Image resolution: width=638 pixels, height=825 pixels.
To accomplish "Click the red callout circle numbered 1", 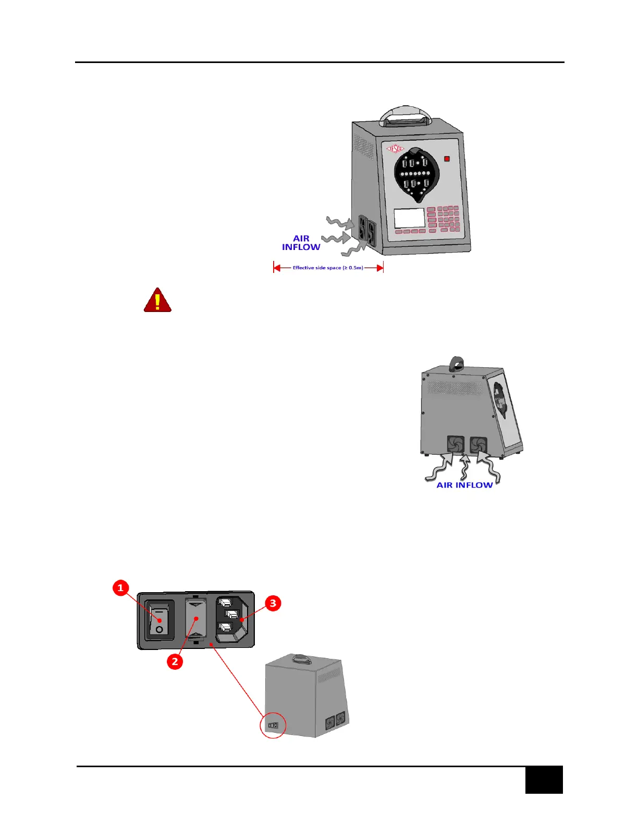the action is pos(121,588).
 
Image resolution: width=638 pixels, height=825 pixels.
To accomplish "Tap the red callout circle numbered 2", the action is pos(175,661).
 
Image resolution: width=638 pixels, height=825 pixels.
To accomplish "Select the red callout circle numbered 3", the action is pos(273,604).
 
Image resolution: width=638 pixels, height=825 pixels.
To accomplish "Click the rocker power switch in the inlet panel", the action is pos(159,620).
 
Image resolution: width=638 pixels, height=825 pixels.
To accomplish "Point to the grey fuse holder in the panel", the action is pos(196,620).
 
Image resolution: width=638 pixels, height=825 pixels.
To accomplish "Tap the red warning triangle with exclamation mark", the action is pos(157,301).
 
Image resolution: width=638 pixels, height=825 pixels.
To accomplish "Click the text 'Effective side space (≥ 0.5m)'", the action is pos(328,268).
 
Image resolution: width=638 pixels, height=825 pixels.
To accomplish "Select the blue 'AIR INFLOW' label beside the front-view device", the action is pos(301,243).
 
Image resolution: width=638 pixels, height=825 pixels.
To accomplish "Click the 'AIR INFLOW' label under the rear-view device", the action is pos(464,485).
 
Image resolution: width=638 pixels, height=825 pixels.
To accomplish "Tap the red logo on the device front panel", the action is pos(395,149).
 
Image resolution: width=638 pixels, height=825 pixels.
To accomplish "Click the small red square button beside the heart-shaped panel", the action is pos(447,159).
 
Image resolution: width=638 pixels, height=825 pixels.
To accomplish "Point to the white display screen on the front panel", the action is pos(409,218).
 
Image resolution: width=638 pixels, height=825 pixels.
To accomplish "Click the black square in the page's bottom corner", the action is pos(544,780).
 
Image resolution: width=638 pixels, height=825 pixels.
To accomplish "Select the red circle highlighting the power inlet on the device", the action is pos(273,725).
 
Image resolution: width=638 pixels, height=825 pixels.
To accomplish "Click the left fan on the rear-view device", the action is pos(455,444).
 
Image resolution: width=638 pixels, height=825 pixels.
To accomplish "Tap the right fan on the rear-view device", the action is pos(479,445).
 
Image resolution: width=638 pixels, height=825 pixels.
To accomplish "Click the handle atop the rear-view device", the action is pos(457,363).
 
